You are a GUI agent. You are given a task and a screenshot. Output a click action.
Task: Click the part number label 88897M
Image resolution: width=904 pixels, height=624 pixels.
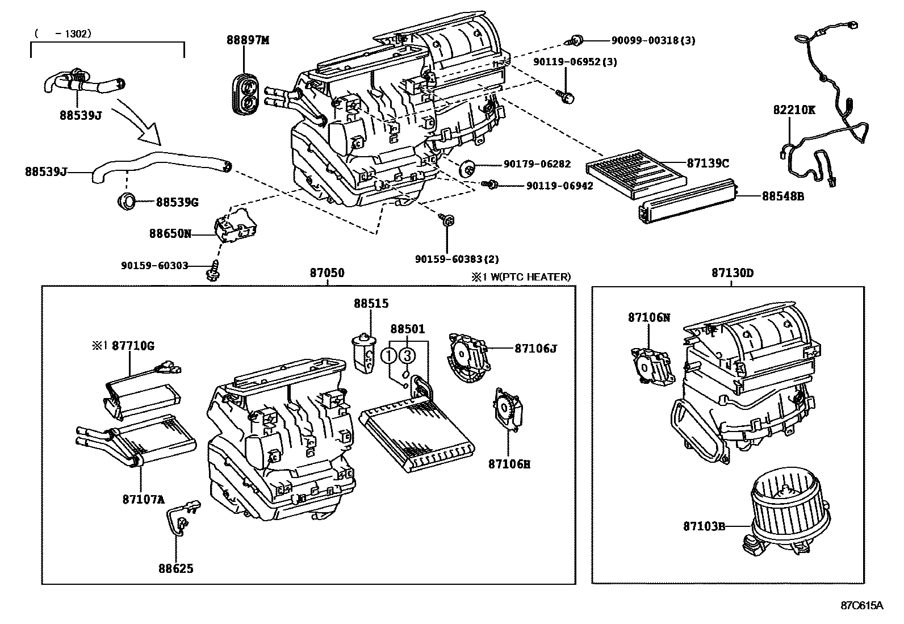click(x=248, y=40)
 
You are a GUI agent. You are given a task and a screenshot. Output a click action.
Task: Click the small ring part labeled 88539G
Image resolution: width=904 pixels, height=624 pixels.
click(x=127, y=201)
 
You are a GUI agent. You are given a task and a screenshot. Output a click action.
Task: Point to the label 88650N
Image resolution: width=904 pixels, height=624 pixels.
click(x=170, y=233)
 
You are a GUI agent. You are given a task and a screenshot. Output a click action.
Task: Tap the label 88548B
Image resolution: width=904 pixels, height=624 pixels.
click(x=782, y=196)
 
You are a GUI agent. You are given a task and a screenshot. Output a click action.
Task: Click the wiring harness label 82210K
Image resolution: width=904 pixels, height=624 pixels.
click(x=793, y=110)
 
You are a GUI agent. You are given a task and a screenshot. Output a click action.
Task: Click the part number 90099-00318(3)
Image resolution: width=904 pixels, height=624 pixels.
click(x=653, y=40)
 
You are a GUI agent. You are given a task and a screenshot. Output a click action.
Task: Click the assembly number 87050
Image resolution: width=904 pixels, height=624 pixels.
click(x=327, y=273)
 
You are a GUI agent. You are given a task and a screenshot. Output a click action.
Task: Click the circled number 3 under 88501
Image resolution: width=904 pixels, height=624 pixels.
click(x=407, y=356)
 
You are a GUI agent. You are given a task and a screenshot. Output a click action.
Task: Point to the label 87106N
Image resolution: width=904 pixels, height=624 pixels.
click(x=648, y=317)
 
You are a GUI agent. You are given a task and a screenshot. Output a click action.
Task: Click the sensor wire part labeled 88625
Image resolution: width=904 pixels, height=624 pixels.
click(x=182, y=520)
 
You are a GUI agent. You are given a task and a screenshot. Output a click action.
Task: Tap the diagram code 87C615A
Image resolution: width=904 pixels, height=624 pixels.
click(x=862, y=605)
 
